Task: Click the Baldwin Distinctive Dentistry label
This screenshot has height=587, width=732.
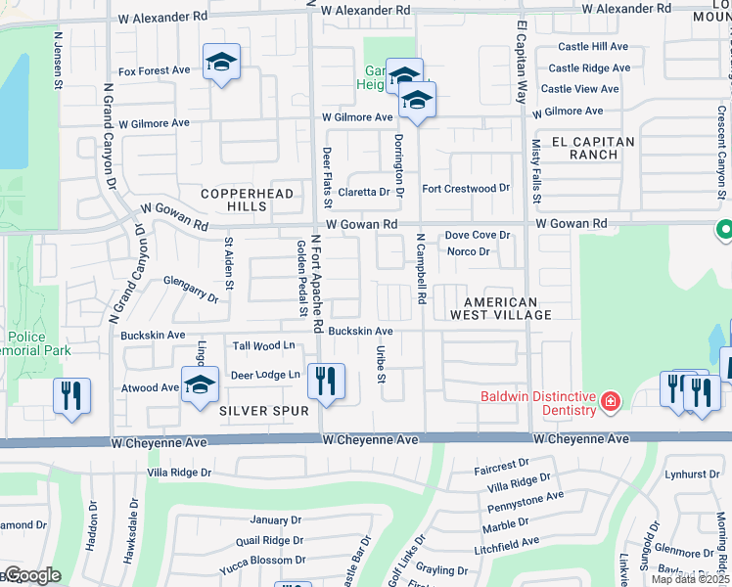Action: coord(537,403)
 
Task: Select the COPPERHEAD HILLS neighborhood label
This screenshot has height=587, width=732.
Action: coord(247,201)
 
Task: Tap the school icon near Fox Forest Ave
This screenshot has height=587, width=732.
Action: coord(222,65)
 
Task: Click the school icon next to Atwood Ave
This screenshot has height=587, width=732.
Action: coord(200,384)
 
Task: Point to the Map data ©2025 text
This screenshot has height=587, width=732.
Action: coord(690,579)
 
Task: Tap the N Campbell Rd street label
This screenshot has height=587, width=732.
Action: coord(422,268)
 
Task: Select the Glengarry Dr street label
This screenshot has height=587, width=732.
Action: coord(190,285)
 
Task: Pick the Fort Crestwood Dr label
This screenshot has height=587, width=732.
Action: coord(466,188)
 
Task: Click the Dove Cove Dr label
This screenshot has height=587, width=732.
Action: coord(478,235)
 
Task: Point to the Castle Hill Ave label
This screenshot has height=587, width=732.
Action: coord(593,46)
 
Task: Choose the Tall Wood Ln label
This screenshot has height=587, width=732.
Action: coord(263,345)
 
